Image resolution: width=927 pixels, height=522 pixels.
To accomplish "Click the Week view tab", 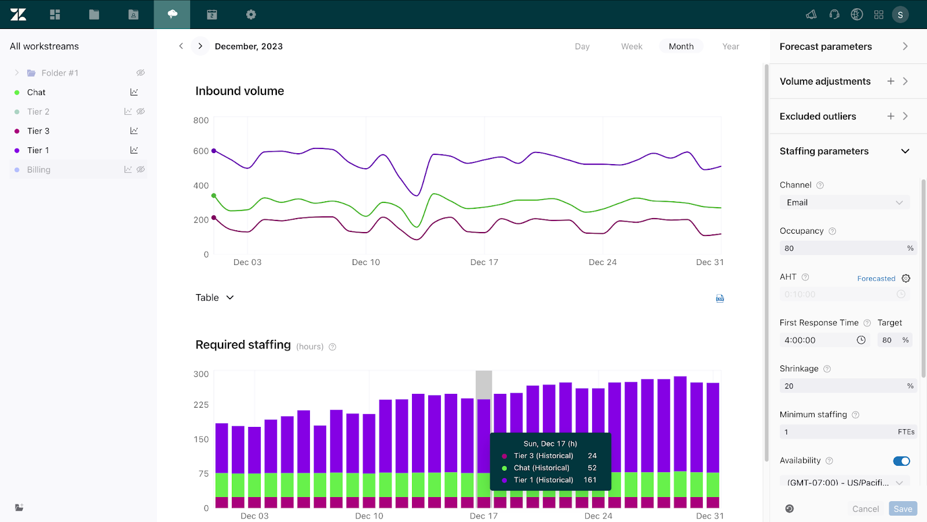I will (x=632, y=46).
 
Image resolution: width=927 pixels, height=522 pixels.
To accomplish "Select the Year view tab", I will (x=731, y=46).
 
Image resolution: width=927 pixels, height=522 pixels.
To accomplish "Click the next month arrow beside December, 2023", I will (x=200, y=46).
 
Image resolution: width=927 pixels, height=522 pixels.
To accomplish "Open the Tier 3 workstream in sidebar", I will (x=38, y=131).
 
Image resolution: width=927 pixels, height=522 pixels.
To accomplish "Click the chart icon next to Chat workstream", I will (x=134, y=92).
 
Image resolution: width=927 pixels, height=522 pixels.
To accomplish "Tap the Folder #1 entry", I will (x=60, y=73).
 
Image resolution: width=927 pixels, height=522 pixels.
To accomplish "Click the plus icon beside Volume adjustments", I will (x=890, y=81).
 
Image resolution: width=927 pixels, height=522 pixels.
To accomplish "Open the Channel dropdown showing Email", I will (x=844, y=202).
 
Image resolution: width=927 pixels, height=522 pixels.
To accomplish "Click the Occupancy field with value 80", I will (x=843, y=248).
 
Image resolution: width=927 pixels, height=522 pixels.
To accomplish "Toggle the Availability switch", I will (x=902, y=461).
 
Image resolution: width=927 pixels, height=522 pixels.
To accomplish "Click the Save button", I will (x=903, y=509).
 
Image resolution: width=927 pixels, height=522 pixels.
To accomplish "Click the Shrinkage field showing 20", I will (x=843, y=386).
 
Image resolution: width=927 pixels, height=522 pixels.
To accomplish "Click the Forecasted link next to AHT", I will (x=876, y=278).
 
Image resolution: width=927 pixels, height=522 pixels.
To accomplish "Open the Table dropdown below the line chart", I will (x=214, y=298).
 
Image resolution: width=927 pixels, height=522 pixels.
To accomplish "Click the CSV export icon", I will (x=720, y=298).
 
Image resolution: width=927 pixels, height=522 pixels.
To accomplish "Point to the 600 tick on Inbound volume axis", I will (x=201, y=151).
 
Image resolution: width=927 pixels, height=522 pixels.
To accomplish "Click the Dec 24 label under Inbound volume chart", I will (x=603, y=262).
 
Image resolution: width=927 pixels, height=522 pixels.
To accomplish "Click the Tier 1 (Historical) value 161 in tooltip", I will (x=590, y=480).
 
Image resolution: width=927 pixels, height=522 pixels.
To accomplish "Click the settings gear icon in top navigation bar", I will (x=251, y=14).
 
